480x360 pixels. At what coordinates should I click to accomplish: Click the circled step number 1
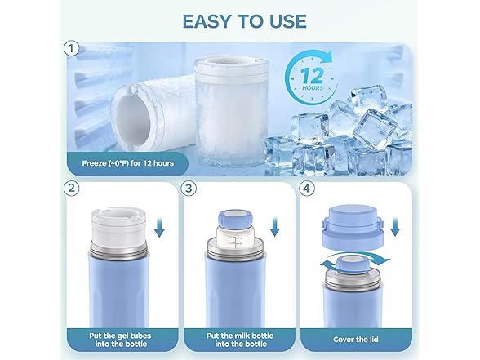(71, 49)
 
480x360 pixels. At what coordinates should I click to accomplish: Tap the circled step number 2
(71, 189)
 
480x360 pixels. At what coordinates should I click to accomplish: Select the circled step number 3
(189, 189)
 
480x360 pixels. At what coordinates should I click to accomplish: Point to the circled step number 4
(306, 189)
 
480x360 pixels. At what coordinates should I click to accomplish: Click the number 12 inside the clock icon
(312, 76)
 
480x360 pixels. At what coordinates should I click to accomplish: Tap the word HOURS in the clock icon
(313, 88)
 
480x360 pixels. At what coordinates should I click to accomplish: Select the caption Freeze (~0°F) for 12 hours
(127, 163)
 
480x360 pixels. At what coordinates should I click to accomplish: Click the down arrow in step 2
(159, 227)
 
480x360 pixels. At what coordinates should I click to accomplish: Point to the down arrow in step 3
(274, 227)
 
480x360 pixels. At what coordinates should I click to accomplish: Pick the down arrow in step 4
(395, 226)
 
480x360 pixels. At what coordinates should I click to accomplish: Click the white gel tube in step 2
(119, 228)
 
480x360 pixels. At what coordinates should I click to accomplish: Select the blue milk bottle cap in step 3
(235, 219)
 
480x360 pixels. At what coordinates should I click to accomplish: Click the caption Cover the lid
(356, 340)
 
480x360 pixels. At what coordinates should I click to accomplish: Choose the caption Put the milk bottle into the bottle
(240, 340)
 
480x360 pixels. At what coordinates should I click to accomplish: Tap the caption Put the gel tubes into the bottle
(120, 340)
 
